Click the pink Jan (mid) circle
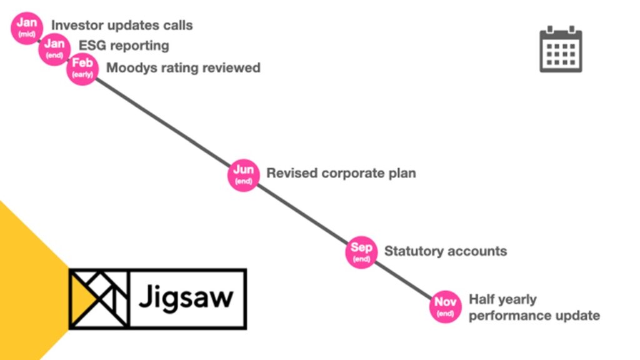pyautogui.click(x=27, y=28)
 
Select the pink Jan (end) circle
pyautogui.click(x=54, y=48)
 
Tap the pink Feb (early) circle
pyautogui.click(x=82, y=67)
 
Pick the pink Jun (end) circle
pyautogui.click(x=243, y=174)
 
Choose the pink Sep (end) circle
pyautogui.click(x=361, y=252)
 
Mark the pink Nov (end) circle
pyautogui.click(x=446, y=306)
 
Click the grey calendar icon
pyautogui.click(x=561, y=49)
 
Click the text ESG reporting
pyautogui.click(x=124, y=46)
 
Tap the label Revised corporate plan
pyautogui.click(x=341, y=173)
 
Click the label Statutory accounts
pyautogui.click(x=445, y=251)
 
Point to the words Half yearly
pyautogui.click(x=502, y=299)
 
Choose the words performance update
pyautogui.click(x=534, y=316)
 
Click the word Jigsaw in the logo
pyautogui.click(x=186, y=297)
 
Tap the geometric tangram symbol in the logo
pyautogui.click(x=99, y=298)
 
